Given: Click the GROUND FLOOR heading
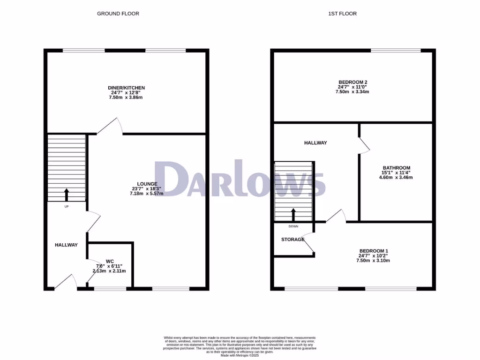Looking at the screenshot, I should point(118,14).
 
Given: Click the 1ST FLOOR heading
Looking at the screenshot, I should point(342,14).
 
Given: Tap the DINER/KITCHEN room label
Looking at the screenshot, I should point(126,88).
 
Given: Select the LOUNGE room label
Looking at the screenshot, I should point(147,184).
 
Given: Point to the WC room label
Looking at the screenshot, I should point(110,261).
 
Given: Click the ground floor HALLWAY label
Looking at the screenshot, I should point(66,245).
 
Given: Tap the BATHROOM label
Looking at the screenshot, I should point(397,168).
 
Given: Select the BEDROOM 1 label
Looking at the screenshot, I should point(374,251).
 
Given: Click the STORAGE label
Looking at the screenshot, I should point(292,240).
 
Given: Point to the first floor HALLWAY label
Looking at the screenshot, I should point(315,143).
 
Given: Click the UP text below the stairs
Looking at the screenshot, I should point(67,206).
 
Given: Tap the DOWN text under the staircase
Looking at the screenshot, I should point(293,226).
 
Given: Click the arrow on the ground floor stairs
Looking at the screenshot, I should point(66,194).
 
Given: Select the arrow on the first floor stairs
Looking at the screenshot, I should point(293,214).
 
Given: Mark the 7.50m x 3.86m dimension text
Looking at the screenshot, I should point(126,97).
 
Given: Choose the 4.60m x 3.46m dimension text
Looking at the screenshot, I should point(397,178).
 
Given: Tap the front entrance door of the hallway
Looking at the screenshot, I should point(66,282).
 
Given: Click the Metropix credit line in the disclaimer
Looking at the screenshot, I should point(240,356).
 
